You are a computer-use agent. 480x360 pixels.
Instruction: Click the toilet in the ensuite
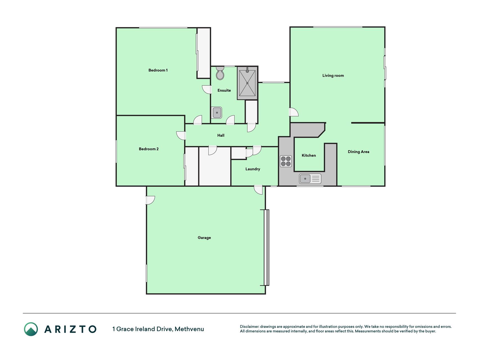[220, 73]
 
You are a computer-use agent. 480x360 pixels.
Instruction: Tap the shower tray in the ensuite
[247, 83]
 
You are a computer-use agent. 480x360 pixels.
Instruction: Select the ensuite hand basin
[217, 112]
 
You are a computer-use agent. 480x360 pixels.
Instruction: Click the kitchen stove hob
[286, 161]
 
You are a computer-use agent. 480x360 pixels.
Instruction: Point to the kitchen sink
[310, 179]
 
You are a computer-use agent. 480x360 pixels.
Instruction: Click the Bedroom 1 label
[158, 70]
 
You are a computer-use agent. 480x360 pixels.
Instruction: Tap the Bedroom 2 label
[149, 149]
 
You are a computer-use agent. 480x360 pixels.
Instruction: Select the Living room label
[333, 76]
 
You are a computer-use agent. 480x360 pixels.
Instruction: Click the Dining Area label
[359, 152]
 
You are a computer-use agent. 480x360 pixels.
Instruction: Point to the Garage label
[204, 238]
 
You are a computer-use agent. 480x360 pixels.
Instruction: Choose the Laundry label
[253, 169]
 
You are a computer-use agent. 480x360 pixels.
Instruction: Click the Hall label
[221, 136]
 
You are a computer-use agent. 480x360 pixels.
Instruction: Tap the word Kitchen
[309, 156]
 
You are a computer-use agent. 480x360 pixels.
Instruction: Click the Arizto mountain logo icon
[31, 329]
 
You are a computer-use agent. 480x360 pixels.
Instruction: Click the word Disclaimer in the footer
[249, 327]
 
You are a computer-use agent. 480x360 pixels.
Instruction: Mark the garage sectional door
[266, 247]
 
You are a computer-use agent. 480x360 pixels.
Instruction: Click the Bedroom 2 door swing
[181, 136]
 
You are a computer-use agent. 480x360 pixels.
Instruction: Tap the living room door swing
[294, 112]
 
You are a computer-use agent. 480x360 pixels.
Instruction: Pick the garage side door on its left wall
[150, 200]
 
